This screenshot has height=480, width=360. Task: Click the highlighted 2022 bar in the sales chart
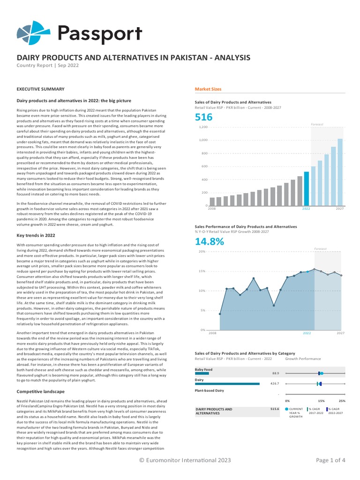(307, 189)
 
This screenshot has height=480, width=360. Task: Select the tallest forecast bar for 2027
(340, 172)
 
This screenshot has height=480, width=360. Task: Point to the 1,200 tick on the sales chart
(203, 127)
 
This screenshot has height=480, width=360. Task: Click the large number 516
(203, 117)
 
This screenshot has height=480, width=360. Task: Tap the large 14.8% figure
(210, 241)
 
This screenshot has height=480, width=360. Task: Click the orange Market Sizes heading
(208, 89)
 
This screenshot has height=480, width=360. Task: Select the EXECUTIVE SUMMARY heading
(40, 89)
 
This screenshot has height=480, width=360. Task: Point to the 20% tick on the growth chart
(202, 252)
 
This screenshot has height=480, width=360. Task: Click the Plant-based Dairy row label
(210, 390)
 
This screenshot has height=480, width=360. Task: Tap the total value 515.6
(275, 409)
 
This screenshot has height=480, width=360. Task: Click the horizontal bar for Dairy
(227, 383)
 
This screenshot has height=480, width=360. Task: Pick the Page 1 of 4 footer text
(330, 460)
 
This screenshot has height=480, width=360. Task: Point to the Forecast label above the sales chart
(317, 124)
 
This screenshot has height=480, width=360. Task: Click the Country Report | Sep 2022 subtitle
(48, 66)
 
